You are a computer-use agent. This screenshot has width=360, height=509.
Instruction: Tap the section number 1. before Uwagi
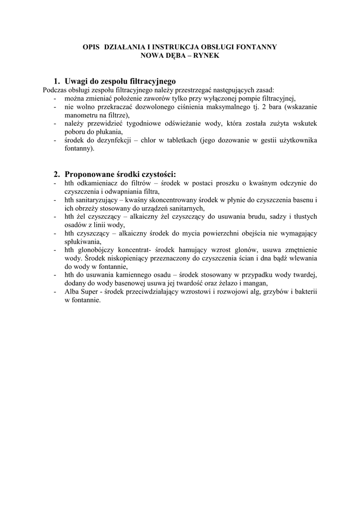pyautogui.click(x=57, y=81)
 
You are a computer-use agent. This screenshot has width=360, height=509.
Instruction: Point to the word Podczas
pyautogui.click(x=55, y=90)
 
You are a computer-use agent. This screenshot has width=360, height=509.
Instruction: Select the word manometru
pyautogui.click(x=83, y=115)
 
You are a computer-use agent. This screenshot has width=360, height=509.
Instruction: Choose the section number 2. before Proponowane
pyautogui.click(x=57, y=174)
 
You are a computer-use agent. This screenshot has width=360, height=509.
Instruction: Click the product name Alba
pyautogui.click(x=72, y=292)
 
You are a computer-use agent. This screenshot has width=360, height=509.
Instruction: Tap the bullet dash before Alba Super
pyautogui.click(x=54, y=292)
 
